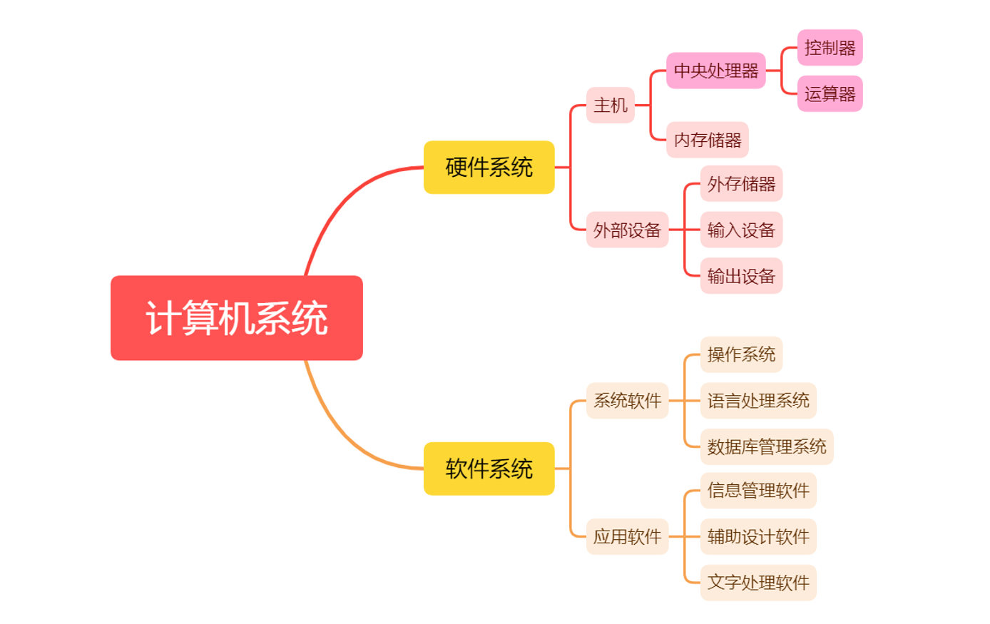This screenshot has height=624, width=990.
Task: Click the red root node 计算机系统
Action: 237,318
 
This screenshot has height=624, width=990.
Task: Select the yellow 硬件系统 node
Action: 489,168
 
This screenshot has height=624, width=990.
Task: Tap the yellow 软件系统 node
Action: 489,469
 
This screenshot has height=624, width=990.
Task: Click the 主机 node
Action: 611,106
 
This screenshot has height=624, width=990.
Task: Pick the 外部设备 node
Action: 627,230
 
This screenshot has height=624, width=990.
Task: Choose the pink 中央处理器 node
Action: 716,71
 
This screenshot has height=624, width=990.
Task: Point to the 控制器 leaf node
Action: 830,48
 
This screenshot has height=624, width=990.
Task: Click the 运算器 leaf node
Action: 830,94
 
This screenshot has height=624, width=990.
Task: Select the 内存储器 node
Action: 708,140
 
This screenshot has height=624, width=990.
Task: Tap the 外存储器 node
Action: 741,184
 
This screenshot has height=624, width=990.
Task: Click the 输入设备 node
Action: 741,230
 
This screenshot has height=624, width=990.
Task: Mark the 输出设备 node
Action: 741,276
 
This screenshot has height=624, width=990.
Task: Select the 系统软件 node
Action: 627,401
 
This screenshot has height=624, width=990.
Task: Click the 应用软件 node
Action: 627,536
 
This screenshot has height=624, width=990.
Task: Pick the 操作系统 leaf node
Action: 741,354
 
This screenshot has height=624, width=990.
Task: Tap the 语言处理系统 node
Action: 758,401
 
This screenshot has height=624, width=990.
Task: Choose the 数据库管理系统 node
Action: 767,447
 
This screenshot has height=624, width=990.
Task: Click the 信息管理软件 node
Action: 758,491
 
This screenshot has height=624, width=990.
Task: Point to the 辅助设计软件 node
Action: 758,536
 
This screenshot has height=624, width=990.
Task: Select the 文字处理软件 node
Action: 758,583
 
